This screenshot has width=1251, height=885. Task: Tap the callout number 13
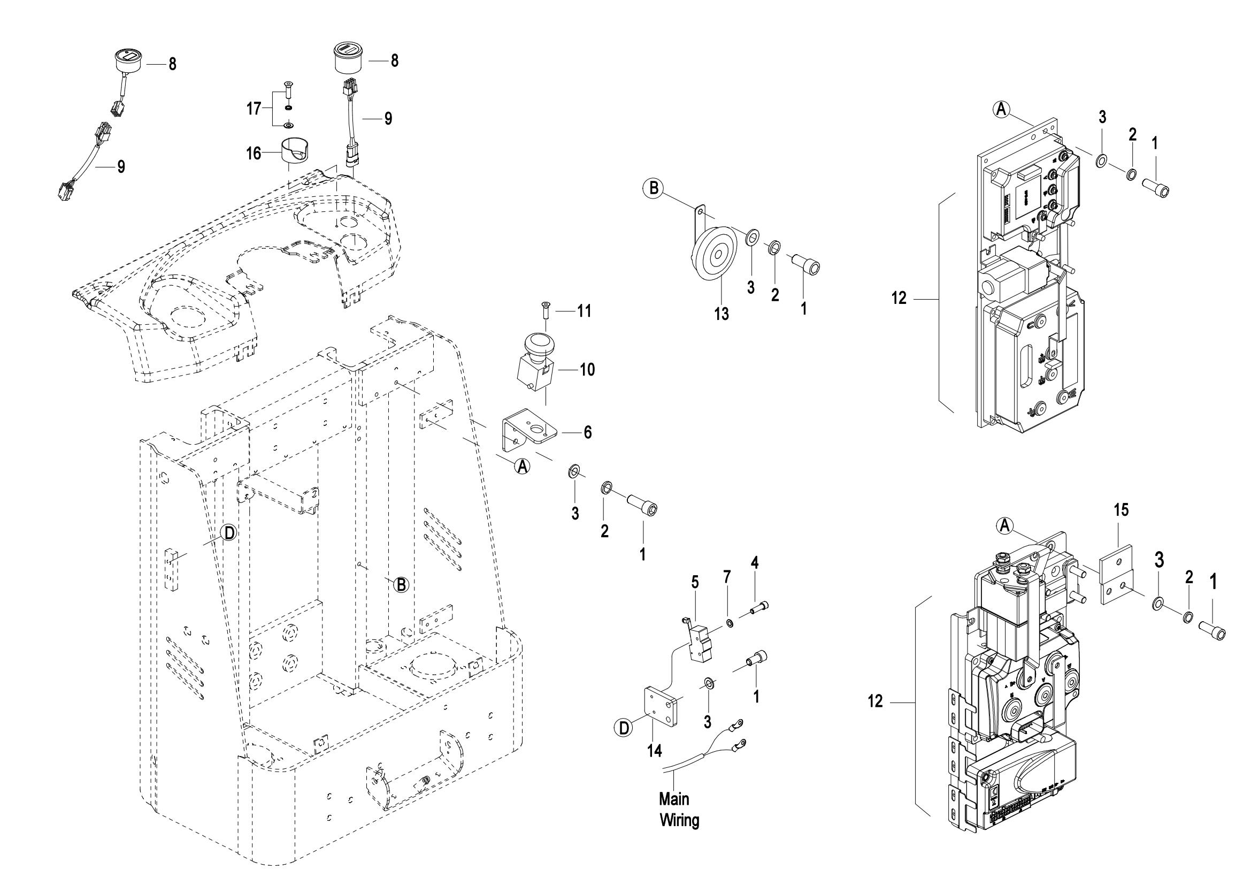point(722,314)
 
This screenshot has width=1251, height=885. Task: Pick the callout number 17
point(254,109)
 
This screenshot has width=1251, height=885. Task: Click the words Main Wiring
point(678,810)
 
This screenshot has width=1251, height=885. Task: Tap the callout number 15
point(1122,510)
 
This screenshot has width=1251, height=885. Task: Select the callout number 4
point(755,562)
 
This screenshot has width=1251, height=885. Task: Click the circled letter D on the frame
point(229,533)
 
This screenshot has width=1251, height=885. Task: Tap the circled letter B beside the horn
point(653,188)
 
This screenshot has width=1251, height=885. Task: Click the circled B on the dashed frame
point(401,584)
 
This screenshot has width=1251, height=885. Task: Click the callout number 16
point(254,153)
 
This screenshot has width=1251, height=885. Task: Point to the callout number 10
point(587,370)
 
